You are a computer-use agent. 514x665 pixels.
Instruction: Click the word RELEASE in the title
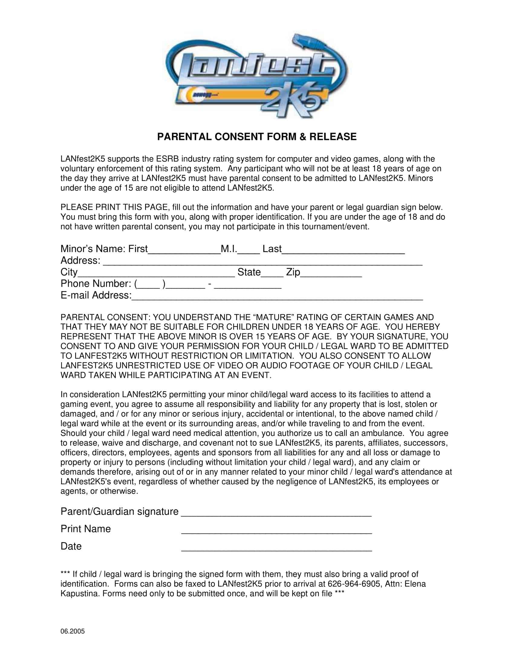[x=333, y=137]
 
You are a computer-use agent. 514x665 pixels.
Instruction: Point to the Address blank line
[x=262, y=263]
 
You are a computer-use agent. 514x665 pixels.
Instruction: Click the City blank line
[x=156, y=274]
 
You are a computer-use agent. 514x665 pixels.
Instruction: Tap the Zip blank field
[x=331, y=274]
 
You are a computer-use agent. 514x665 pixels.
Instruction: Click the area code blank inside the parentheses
[x=149, y=286]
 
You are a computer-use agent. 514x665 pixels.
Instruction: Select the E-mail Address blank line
[x=277, y=297]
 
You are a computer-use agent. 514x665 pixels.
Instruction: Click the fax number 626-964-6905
[x=354, y=584]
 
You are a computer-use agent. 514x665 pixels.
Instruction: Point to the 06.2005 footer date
[x=73, y=631]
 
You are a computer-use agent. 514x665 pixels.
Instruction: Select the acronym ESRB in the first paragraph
[x=167, y=159]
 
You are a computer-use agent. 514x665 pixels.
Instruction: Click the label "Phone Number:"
[x=96, y=284]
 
